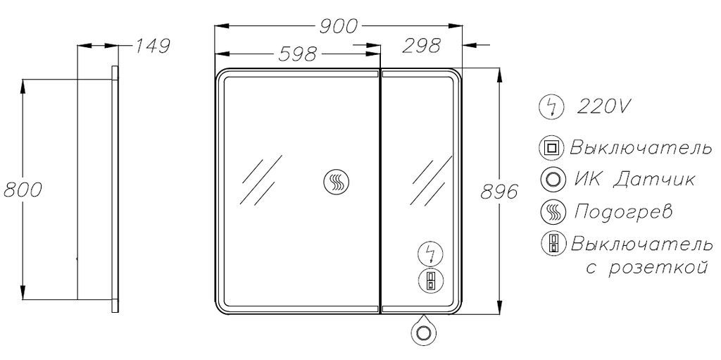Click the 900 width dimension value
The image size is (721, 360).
coord(338,27)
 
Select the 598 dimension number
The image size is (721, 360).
coord(298,54)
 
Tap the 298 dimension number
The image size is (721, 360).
coord(422,46)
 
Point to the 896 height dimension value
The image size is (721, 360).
coord(499,192)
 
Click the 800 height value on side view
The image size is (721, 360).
coord(23,190)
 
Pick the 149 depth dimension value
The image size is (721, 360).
coord(153,46)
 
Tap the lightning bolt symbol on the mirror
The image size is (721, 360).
coord(431,254)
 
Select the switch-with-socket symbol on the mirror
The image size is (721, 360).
coord(431,280)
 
